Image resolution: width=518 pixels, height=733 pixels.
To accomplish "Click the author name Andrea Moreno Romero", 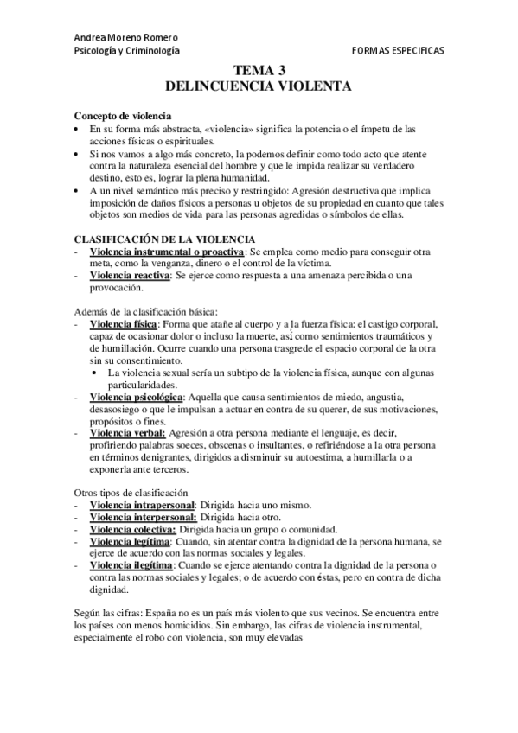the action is click(126, 37).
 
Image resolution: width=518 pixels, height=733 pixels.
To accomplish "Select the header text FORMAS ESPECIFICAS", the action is click(398, 51).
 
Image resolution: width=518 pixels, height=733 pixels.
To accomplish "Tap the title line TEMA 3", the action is click(259, 72).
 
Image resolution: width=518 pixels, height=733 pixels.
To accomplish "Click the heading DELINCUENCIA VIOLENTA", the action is click(259, 86).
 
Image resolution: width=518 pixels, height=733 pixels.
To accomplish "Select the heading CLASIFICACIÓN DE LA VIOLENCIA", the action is click(163, 239).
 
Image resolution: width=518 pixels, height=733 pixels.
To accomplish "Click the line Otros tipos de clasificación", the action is click(130, 493).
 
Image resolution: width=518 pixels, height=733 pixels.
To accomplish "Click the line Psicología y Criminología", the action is click(127, 51).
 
